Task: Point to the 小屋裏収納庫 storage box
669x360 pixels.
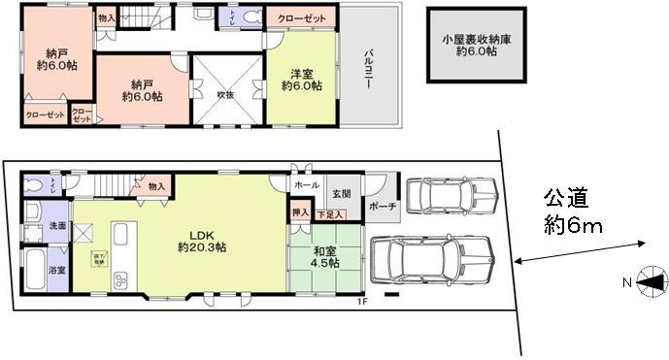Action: pos(475,46)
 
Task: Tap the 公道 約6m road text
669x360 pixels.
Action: pos(572,213)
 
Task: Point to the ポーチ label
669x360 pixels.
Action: pos(383,207)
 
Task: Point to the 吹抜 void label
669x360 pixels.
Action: pos(224,96)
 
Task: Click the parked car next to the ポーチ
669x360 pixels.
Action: pos(450,198)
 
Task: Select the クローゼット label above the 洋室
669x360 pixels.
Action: pos(301,18)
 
